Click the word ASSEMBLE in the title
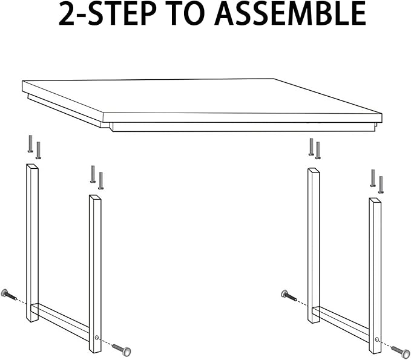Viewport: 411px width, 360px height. pyautogui.click(x=291, y=15)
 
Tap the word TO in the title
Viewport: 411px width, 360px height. pyautogui.click(x=186, y=15)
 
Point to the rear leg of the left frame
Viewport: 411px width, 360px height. pyautogui.click(x=32, y=242)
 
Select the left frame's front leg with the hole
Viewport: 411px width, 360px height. pyautogui.click(x=95, y=272)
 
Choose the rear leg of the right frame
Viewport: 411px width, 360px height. pyautogui.click(x=313, y=242)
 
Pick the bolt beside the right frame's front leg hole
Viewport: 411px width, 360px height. pyautogui.click(x=400, y=350)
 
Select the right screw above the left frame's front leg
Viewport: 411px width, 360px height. pyautogui.click(x=100, y=180)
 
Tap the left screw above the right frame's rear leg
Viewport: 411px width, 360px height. pyautogui.click(x=311, y=146)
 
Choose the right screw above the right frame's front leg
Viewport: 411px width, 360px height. pyautogui.click(x=381, y=184)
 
